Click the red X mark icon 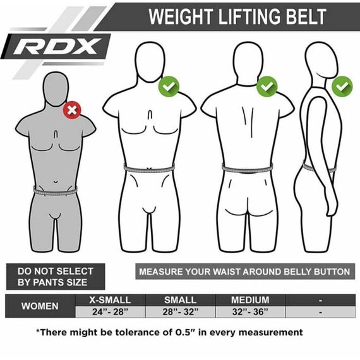(72, 111)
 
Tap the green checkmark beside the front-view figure (169, 86)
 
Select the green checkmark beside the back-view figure (267, 85)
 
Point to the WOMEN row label (40, 306)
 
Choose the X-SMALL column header (110, 300)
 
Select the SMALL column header (180, 300)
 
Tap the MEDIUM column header (250, 300)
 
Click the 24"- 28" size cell (110, 312)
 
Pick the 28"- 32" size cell (180, 312)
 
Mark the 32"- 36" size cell (250, 312)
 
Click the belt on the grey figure (56, 190)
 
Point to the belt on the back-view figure (248, 169)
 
